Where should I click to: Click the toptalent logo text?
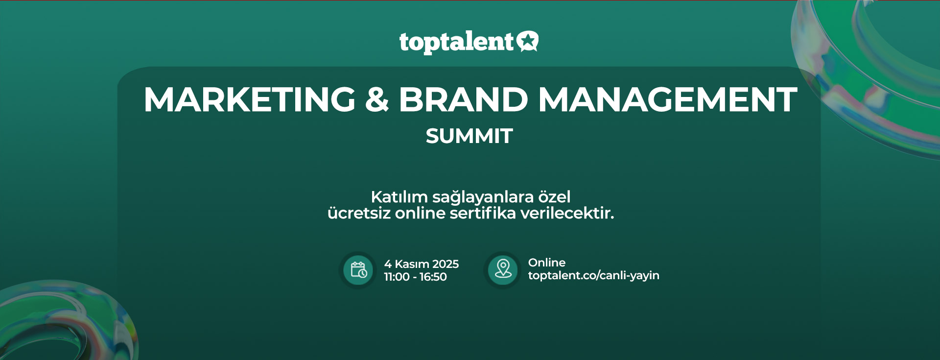(x=456, y=43)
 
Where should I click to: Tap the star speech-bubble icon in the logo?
(x=527, y=41)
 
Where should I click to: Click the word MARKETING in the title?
(x=250, y=99)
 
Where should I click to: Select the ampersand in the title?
(x=377, y=99)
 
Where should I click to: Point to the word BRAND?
(x=464, y=99)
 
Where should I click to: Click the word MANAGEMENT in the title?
(x=668, y=99)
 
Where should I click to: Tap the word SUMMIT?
(x=469, y=136)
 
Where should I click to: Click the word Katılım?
(x=399, y=197)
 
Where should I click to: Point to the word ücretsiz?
(x=359, y=214)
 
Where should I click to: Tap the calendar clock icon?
(x=358, y=270)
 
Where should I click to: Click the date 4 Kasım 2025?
(x=422, y=264)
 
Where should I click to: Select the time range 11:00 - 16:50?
(x=415, y=277)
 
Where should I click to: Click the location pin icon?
(x=503, y=269)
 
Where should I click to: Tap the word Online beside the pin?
(x=547, y=263)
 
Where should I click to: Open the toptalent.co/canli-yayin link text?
(x=594, y=275)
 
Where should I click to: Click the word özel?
(x=554, y=197)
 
